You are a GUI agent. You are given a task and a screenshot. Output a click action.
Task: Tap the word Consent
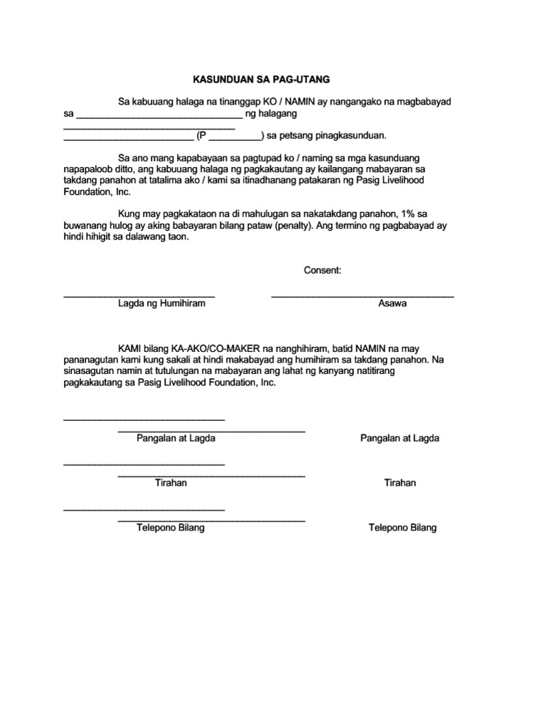pyautogui.click(x=323, y=270)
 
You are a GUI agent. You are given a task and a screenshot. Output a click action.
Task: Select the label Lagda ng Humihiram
pyautogui.click(x=161, y=304)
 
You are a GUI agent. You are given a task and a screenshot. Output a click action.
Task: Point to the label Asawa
pyautogui.click(x=392, y=304)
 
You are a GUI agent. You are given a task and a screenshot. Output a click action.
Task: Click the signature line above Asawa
pyautogui.click(x=362, y=294)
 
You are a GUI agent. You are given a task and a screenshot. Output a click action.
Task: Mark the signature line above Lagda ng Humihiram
pyautogui.click(x=139, y=294)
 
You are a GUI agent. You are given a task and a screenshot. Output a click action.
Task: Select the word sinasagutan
pyautogui.click(x=92, y=371)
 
